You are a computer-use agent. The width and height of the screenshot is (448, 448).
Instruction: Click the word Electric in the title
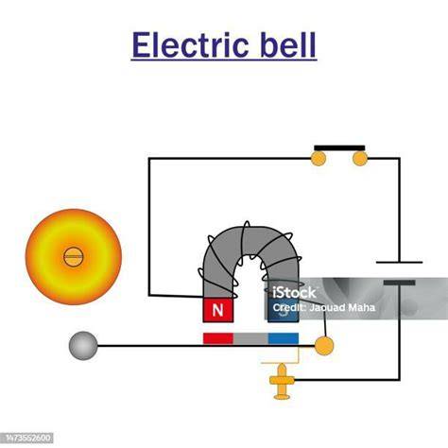(x=190, y=44)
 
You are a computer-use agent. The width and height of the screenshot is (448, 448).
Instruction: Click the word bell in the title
(x=288, y=44)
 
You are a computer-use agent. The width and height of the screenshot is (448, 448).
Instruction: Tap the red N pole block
(x=218, y=310)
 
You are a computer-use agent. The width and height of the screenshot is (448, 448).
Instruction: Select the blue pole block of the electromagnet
(x=283, y=310)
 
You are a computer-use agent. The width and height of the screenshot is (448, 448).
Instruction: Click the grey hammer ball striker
(x=83, y=346)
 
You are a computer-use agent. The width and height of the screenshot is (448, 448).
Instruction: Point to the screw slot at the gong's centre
(x=74, y=257)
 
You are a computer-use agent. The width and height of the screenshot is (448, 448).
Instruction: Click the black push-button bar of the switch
(x=339, y=147)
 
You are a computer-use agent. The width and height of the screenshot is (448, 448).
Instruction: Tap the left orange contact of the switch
(x=318, y=159)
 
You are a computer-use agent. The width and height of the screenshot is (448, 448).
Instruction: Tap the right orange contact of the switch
(x=360, y=159)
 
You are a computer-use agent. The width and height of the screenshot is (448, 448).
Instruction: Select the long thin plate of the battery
(x=399, y=262)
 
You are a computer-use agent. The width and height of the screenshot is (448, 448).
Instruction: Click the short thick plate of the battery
(x=399, y=283)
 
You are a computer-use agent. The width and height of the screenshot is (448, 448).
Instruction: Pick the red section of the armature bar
(x=218, y=338)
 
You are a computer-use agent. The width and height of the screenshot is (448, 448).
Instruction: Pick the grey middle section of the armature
(x=250, y=338)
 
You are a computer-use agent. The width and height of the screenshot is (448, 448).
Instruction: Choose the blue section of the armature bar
(x=284, y=338)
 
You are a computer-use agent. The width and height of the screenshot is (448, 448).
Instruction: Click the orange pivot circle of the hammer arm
(x=324, y=346)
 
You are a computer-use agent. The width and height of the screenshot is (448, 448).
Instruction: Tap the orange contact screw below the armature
(x=282, y=381)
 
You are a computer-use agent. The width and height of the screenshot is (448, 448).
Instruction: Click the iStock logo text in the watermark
(x=294, y=293)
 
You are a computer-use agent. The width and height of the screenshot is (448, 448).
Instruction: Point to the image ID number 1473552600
(x=28, y=438)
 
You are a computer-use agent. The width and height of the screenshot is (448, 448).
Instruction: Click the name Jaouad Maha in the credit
(x=342, y=307)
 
